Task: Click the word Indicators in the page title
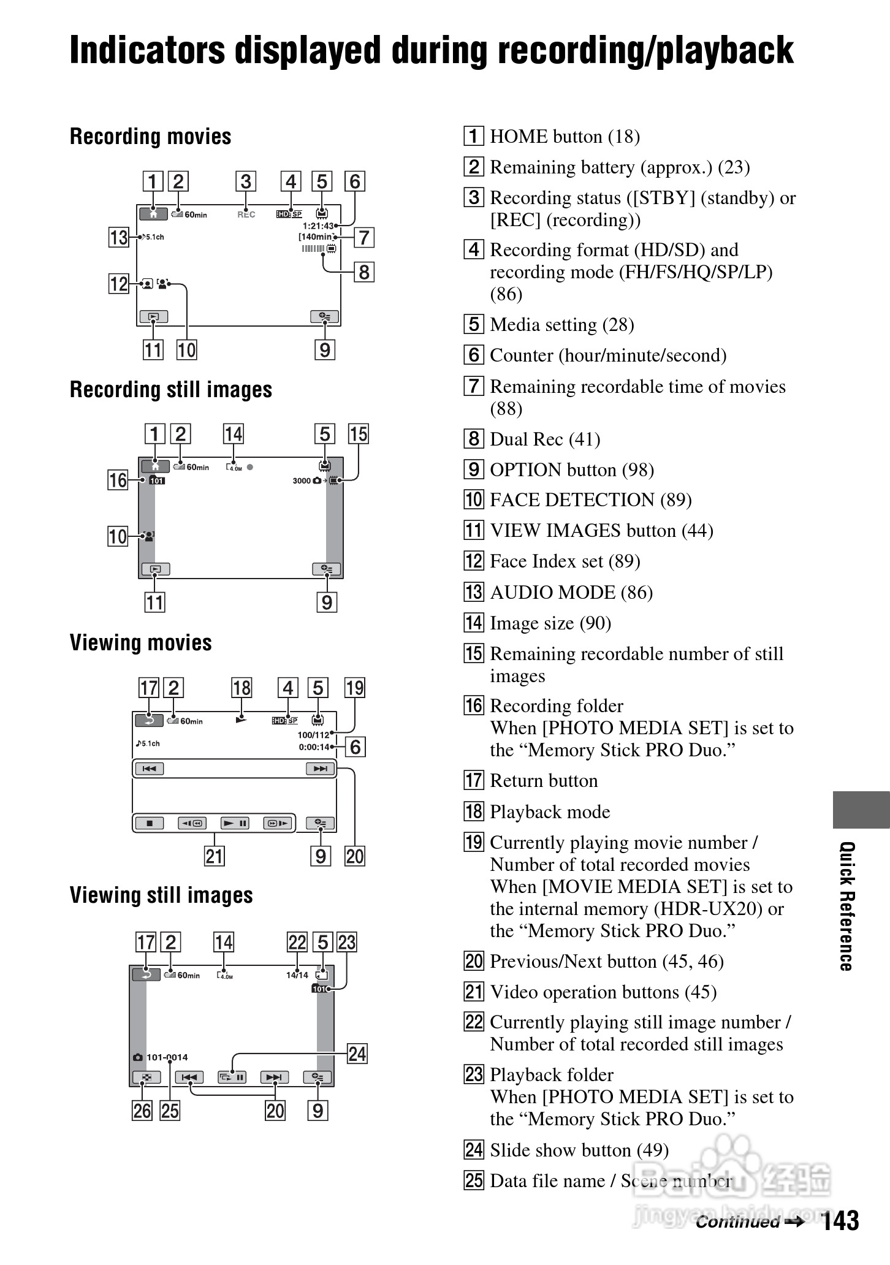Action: [147, 50]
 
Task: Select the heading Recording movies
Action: [150, 137]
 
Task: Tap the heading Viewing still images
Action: [161, 895]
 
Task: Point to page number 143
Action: [840, 1220]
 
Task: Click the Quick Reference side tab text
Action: [846, 906]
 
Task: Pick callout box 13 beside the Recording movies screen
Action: [118, 237]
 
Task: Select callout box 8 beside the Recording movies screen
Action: [364, 272]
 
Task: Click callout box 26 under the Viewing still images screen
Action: [142, 1111]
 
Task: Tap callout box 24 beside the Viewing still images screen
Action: [357, 1054]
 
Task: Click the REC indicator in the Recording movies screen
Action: [246, 215]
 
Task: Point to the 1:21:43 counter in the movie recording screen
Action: [318, 226]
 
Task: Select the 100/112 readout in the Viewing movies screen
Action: [313, 735]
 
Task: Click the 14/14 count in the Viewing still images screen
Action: [297, 975]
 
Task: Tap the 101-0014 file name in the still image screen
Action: [167, 1057]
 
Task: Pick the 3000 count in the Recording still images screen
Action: [302, 481]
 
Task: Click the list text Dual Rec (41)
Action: [545, 439]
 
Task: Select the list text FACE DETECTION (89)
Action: [590, 500]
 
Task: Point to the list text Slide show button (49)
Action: [579, 1150]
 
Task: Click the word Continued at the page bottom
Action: [737, 1222]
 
